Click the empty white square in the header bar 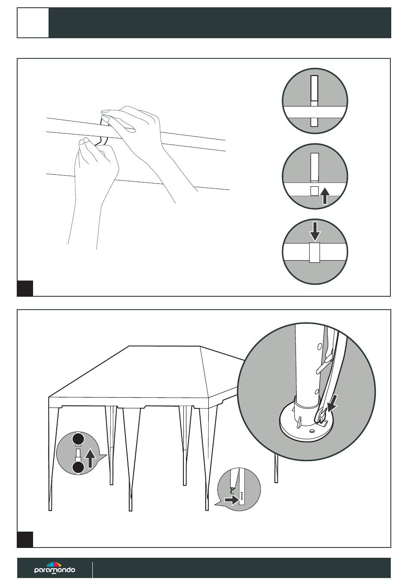point(33,23)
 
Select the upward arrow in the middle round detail point(325,196)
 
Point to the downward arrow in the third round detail point(315,231)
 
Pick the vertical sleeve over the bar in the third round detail point(314,252)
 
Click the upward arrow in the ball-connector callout point(90,458)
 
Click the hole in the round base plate point(311,431)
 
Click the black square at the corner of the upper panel point(25,289)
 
